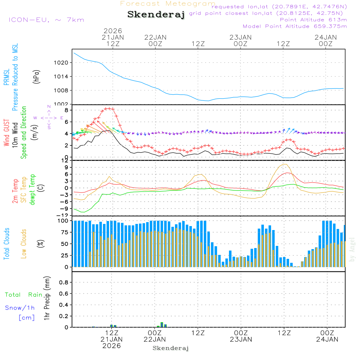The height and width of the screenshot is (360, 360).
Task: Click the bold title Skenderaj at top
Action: [x=156, y=14]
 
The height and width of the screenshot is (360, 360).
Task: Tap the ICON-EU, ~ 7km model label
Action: [x=46, y=20]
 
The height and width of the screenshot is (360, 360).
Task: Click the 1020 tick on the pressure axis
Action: [x=66, y=63]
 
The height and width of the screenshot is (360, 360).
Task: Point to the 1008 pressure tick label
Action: [x=66, y=90]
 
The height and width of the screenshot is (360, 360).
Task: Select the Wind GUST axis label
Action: [x=6, y=133]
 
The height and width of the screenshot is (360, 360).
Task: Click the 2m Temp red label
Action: [x=15, y=191]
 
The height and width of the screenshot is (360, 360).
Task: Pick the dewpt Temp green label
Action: [x=32, y=190]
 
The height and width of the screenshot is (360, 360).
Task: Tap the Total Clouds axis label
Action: [x=6, y=244]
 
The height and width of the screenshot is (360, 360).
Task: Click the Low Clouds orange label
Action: [x=24, y=244]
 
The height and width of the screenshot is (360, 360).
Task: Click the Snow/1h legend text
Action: [x=20, y=308]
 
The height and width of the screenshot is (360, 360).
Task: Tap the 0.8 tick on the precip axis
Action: [x=64, y=282]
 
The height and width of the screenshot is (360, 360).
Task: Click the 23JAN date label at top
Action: [x=240, y=37]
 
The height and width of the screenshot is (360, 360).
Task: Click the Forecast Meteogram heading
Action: [x=168, y=4]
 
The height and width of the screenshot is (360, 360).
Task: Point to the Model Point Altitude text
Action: [x=295, y=26]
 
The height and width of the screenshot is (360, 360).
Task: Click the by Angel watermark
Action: [x=352, y=249]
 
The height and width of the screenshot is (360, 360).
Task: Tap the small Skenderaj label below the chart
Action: [x=171, y=348]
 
